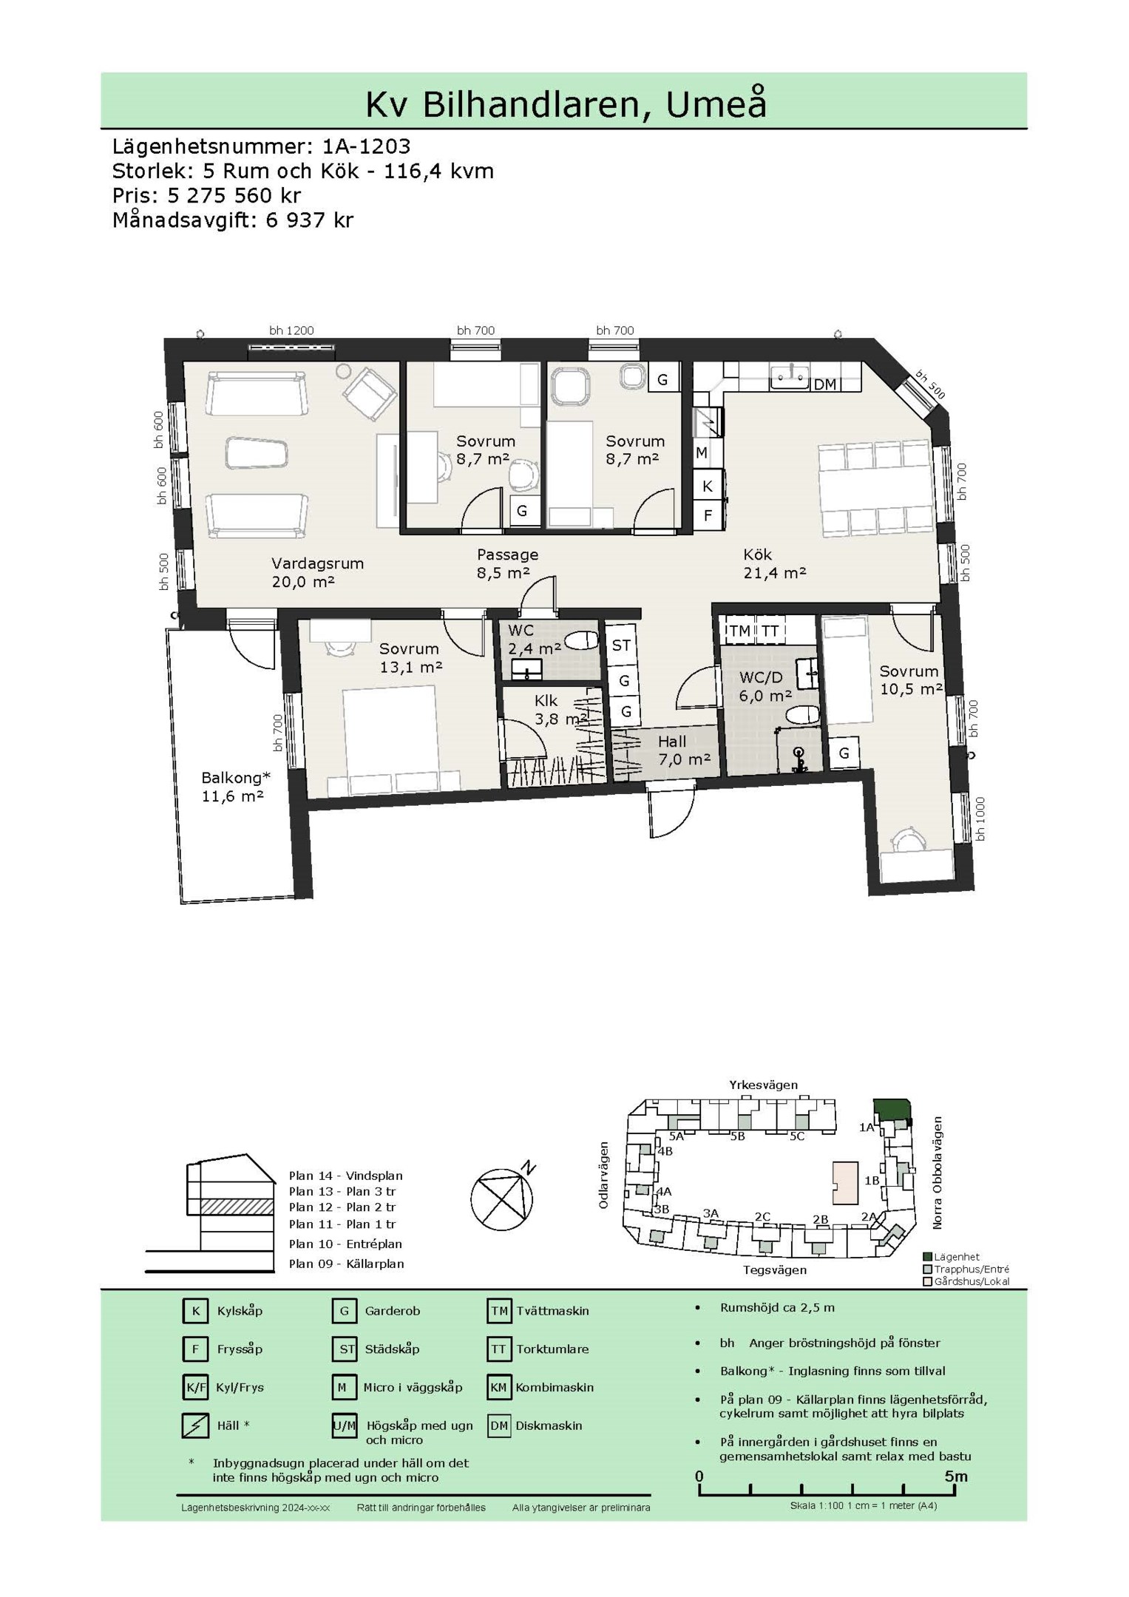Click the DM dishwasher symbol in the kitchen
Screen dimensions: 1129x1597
824,384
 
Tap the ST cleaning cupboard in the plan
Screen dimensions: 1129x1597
621,645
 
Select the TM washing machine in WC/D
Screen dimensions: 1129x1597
739,631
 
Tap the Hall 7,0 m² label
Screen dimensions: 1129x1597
683,750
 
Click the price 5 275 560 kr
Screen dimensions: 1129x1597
234,195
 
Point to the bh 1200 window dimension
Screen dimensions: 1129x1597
291,330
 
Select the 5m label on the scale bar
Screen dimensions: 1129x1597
955,1476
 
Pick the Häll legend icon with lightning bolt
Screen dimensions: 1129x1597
195,1425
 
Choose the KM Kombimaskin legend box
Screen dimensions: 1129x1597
498,1387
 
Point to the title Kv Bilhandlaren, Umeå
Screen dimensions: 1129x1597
566,103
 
